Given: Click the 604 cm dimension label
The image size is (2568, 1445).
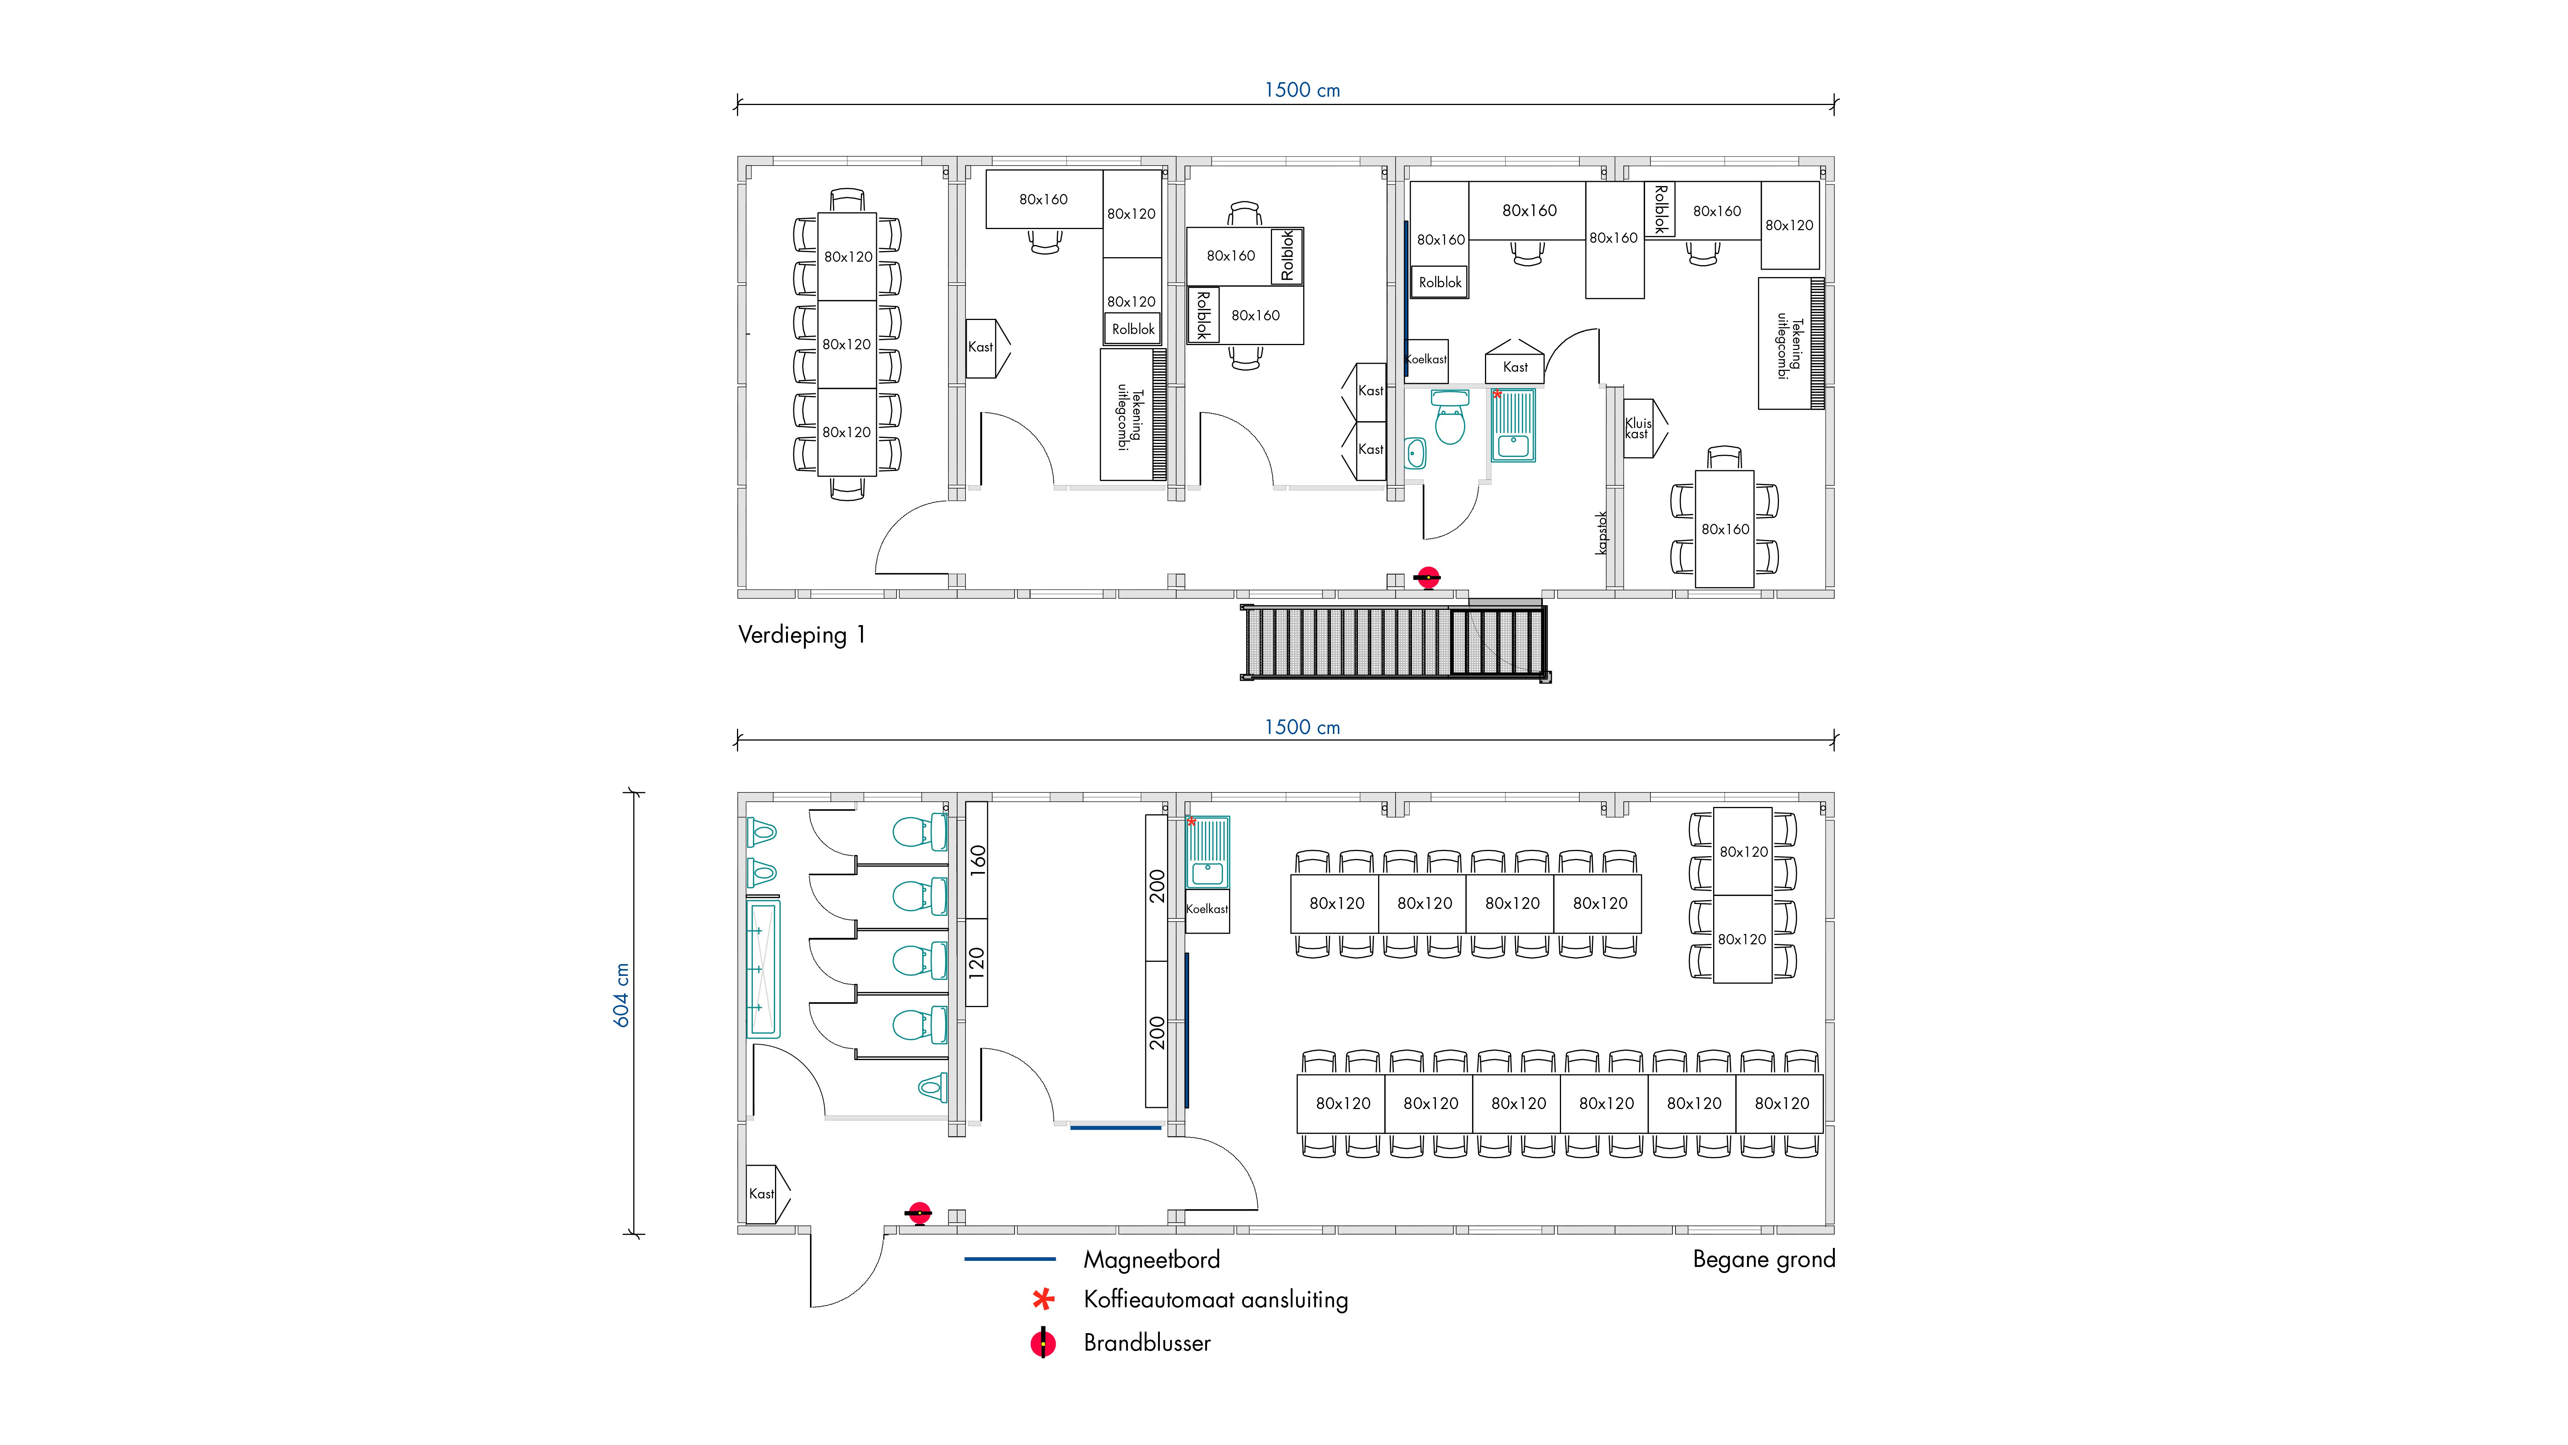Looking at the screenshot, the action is point(621,995).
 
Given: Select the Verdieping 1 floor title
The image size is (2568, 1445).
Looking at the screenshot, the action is point(802,635).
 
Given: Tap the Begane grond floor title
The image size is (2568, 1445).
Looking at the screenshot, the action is point(1763,1259).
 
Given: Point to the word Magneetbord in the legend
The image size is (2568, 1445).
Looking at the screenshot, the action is point(1151,1259).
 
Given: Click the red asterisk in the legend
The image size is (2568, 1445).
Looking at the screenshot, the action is point(1043,1299).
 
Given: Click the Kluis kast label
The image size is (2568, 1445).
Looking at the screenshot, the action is point(1638,429).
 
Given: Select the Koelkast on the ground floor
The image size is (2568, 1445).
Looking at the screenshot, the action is point(1207,909).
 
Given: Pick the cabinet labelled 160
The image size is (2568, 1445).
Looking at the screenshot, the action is point(977,859).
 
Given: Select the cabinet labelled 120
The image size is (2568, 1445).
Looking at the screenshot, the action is point(977,962).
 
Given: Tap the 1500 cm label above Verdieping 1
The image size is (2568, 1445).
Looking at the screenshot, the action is point(1302,90).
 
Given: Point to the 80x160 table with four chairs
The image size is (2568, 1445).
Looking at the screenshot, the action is point(1725,528).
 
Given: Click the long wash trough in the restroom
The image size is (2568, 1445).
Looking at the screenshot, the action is point(764,969).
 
